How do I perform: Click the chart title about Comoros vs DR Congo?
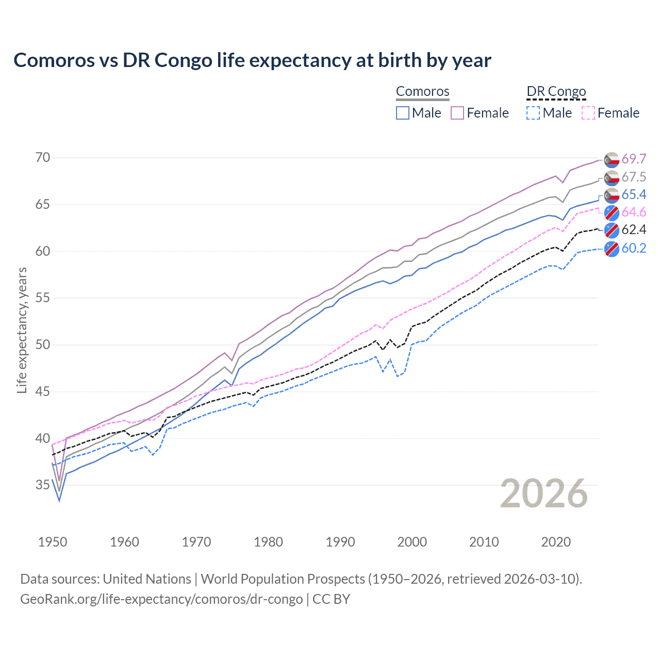(252, 60)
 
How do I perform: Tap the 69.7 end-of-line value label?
(634, 159)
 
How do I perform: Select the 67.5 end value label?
(634, 177)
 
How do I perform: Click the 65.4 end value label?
(634, 194)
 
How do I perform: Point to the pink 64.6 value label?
(634, 212)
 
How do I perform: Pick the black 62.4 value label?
(634, 229)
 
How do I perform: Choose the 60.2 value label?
(634, 248)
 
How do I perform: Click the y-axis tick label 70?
(43, 157)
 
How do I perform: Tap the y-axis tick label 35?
(43, 485)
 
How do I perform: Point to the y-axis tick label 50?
(43, 344)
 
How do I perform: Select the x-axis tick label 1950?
(53, 542)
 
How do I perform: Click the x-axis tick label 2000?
(412, 542)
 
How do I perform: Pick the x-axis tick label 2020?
(556, 542)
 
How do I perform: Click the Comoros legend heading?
(423, 91)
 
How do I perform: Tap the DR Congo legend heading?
(556, 91)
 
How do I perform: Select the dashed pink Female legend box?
(588, 113)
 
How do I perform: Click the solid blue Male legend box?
(403, 113)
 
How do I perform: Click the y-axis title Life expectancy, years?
(22, 330)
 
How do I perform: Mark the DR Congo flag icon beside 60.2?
(612, 249)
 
